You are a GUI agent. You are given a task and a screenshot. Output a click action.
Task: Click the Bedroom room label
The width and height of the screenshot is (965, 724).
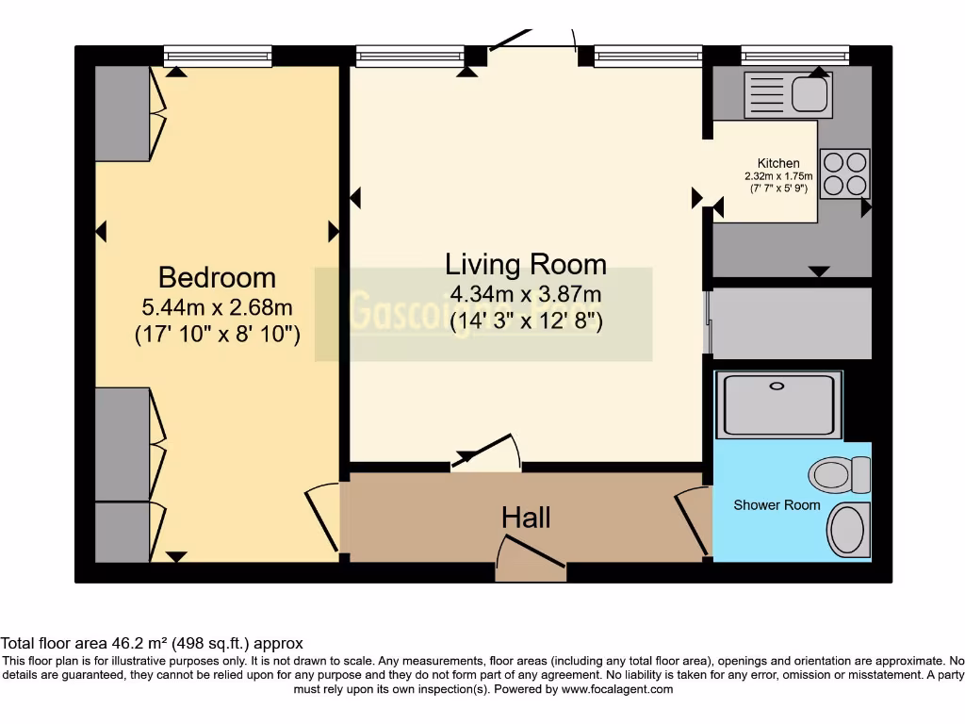(217, 277)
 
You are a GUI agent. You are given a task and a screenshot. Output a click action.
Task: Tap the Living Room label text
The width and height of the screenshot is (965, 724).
(526, 264)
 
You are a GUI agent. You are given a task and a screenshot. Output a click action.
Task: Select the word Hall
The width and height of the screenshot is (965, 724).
(526, 517)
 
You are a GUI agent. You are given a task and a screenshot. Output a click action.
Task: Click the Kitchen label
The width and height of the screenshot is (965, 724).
(778, 163)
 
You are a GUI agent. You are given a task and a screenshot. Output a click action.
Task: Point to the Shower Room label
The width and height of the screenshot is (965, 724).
(777, 505)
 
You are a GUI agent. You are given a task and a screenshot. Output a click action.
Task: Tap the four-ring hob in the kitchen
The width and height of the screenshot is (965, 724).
(844, 173)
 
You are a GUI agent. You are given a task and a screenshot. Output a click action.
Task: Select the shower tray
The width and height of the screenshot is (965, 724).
(778, 404)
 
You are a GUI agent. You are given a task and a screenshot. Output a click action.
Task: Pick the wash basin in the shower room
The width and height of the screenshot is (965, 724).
(851, 530)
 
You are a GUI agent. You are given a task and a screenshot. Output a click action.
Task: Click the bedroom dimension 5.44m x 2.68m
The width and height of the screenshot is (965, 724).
(217, 306)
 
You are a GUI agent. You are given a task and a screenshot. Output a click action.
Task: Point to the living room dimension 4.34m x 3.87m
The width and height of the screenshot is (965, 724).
(526, 294)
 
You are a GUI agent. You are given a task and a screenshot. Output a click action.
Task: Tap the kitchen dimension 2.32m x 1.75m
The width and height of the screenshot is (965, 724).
(778, 176)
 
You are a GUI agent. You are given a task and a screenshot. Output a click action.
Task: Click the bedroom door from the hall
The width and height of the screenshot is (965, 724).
(323, 518)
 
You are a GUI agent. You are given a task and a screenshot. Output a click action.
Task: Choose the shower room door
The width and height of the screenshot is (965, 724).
(694, 519)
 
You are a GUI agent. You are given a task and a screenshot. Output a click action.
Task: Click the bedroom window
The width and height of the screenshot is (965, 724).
(218, 57)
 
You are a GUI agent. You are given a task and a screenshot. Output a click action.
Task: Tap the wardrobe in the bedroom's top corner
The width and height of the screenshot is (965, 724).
(123, 113)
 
